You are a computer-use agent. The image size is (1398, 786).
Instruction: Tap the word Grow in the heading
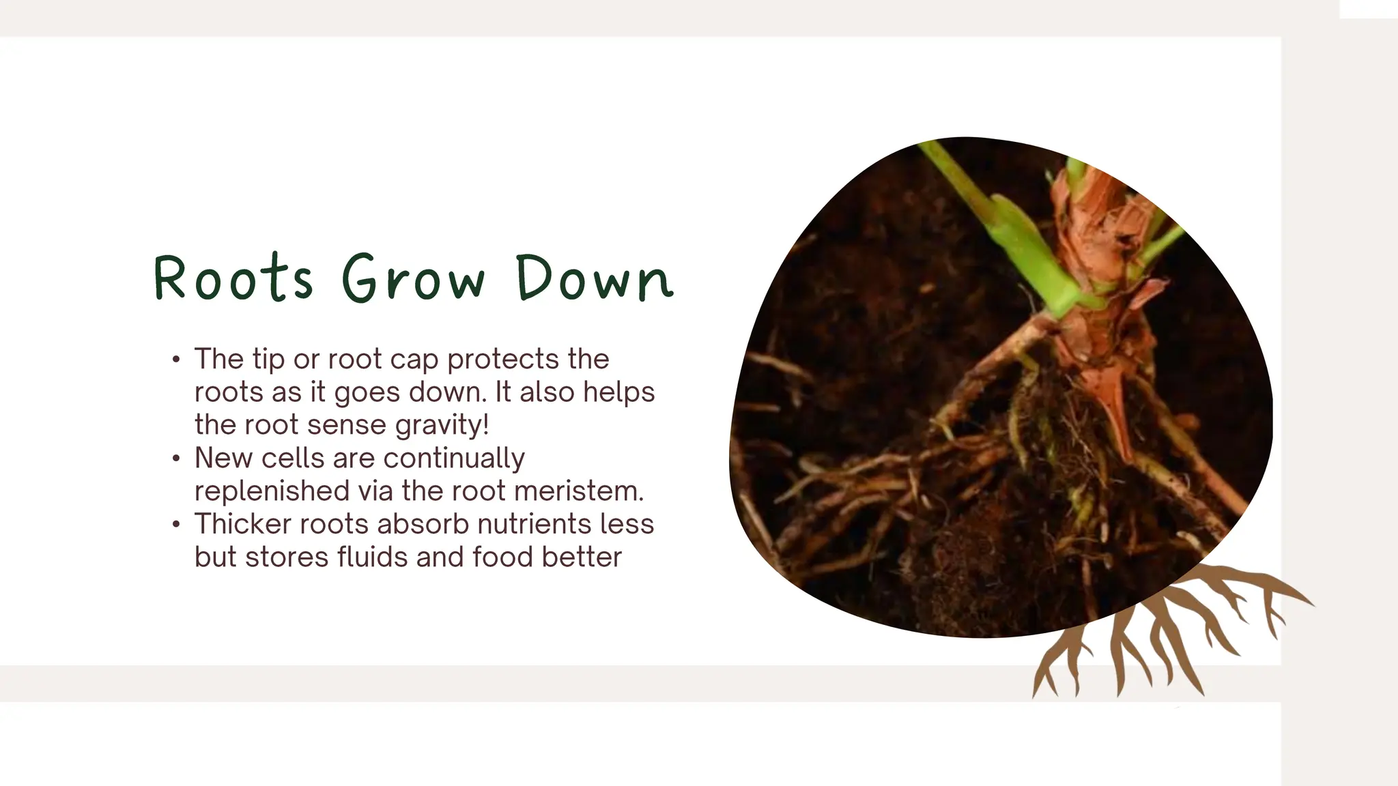click(414, 278)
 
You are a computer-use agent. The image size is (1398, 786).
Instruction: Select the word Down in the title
click(595, 278)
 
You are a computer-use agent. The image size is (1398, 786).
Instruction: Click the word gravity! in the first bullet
click(442, 425)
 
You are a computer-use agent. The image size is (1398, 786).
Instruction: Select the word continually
click(454, 458)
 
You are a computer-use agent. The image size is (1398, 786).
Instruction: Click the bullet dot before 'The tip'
click(177, 360)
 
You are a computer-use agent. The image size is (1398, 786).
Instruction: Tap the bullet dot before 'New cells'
click(177, 458)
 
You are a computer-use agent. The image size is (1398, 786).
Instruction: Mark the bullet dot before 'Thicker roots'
click(177, 525)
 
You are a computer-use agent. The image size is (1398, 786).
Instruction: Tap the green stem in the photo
click(1010, 239)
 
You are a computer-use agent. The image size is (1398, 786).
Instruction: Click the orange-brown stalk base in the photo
click(1092, 273)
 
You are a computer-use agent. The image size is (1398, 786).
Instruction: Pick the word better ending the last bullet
click(582, 557)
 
